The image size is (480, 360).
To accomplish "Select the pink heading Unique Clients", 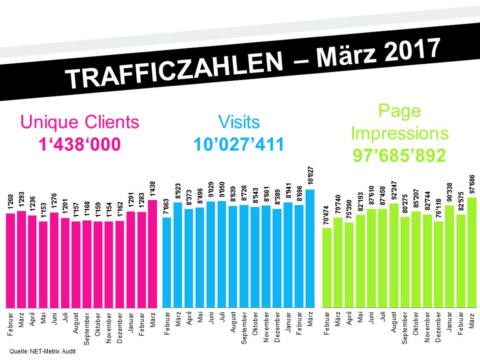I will pos(80,121).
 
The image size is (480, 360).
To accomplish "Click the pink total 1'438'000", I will pos(80,144).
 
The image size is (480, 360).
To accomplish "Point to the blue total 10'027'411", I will pos(239,144).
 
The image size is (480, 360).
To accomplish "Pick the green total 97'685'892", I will pos(399,156).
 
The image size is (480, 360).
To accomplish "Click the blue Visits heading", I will pos(239,121).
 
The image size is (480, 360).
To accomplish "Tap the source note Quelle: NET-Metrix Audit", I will pos(42,351).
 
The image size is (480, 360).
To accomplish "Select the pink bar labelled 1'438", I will pos(152,253).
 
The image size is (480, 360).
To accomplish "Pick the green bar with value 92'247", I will pos(394,255).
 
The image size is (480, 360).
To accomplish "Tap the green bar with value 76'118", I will pos(438,264).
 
